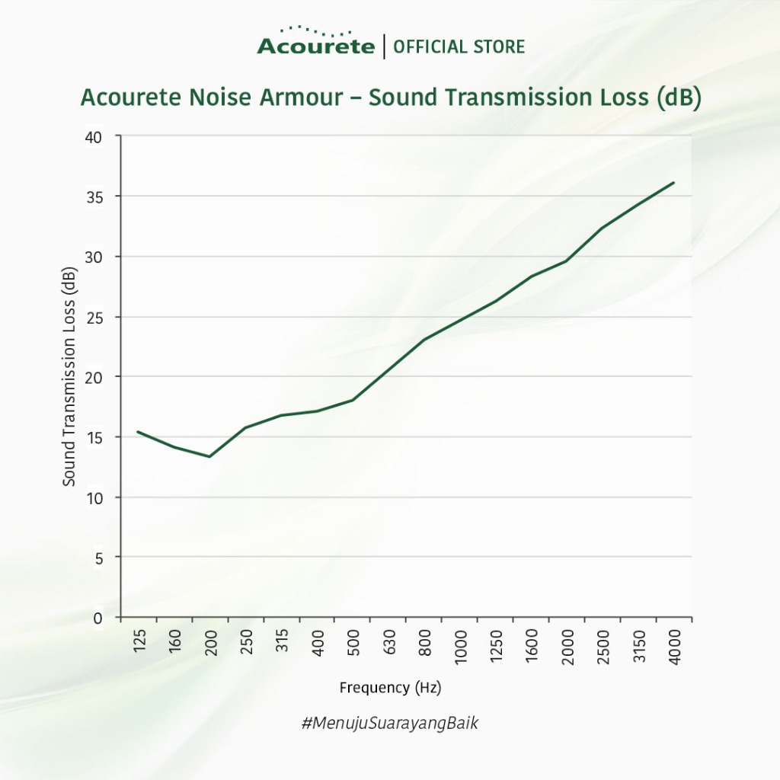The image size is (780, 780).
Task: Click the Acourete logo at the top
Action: tap(315, 43)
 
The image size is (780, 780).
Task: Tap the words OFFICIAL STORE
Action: tap(459, 47)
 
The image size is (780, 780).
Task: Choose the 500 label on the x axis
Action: tap(353, 644)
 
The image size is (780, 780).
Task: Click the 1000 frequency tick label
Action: tap(462, 648)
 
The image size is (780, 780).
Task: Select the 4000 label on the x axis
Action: tap(675, 648)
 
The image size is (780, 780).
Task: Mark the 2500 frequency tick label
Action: tap(604, 648)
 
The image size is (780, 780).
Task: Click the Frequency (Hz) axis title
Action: tap(390, 688)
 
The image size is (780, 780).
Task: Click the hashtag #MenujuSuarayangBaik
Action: tap(390, 724)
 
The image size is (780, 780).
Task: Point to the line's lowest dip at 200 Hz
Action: tap(209, 456)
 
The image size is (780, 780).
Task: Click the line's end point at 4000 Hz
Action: tap(674, 183)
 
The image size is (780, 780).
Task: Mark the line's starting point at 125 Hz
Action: tap(138, 432)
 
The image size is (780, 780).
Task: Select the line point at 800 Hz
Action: tap(424, 339)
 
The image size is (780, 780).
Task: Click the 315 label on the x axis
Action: tap(283, 644)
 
